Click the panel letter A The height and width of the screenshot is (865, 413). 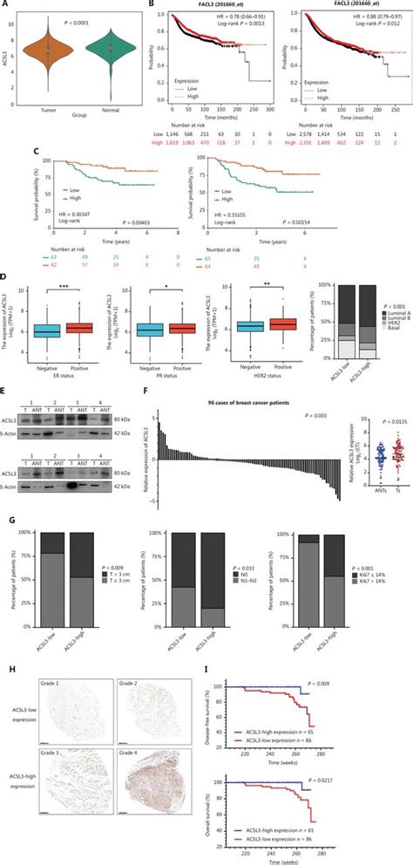pyautogui.click(x=6, y=5)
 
